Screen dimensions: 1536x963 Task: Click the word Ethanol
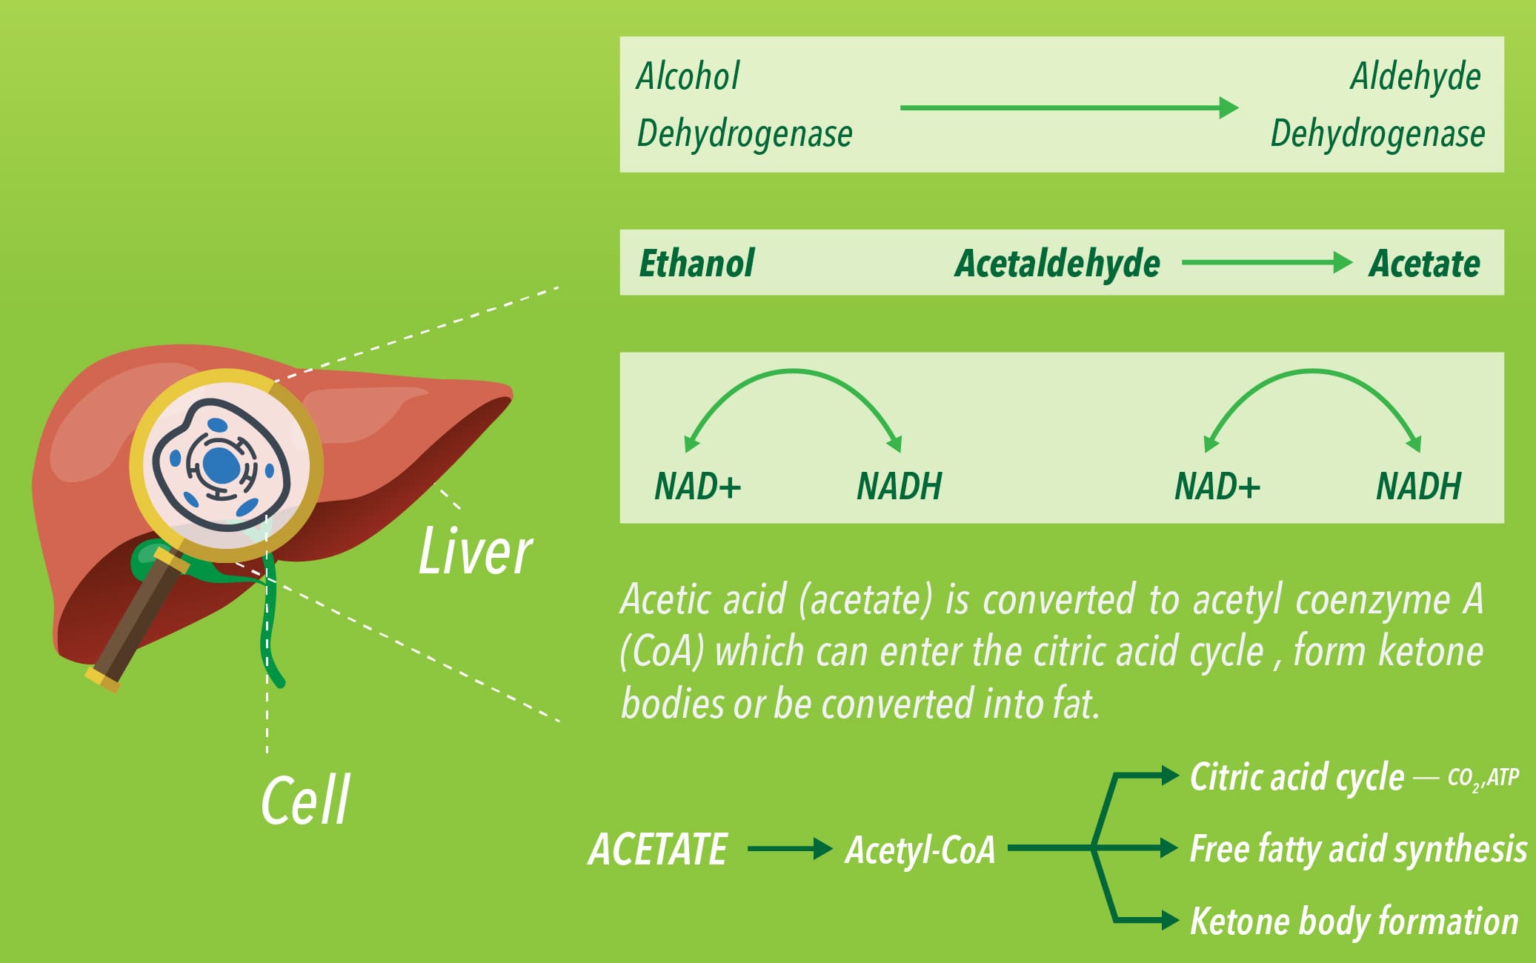tap(696, 263)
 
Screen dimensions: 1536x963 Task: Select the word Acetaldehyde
tap(1057, 264)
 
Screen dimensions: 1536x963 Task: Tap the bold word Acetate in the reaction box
tap(1424, 264)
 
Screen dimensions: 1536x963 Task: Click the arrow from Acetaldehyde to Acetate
tap(1267, 262)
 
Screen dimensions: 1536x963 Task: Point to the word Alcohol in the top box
tap(688, 76)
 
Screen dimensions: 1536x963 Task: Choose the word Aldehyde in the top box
tap(1415, 77)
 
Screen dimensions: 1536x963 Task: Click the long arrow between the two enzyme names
tap(1069, 107)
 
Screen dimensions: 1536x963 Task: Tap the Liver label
tap(475, 551)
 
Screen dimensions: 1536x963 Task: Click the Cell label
tap(305, 800)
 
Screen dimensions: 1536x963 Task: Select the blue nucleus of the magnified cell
tap(221, 465)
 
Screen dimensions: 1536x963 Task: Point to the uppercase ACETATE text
tap(657, 849)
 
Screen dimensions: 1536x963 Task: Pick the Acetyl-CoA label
tap(920, 850)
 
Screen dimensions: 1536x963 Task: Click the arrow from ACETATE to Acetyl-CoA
tap(790, 848)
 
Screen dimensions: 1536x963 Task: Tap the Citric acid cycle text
tap(1297, 777)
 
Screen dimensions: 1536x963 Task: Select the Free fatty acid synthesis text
tap(1357, 849)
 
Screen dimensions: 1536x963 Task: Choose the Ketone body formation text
tap(1354, 921)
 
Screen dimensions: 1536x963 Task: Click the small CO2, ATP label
tap(1483, 778)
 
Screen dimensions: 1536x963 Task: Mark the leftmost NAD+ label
tap(697, 486)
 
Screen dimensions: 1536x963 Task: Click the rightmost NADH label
tap(1418, 486)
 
